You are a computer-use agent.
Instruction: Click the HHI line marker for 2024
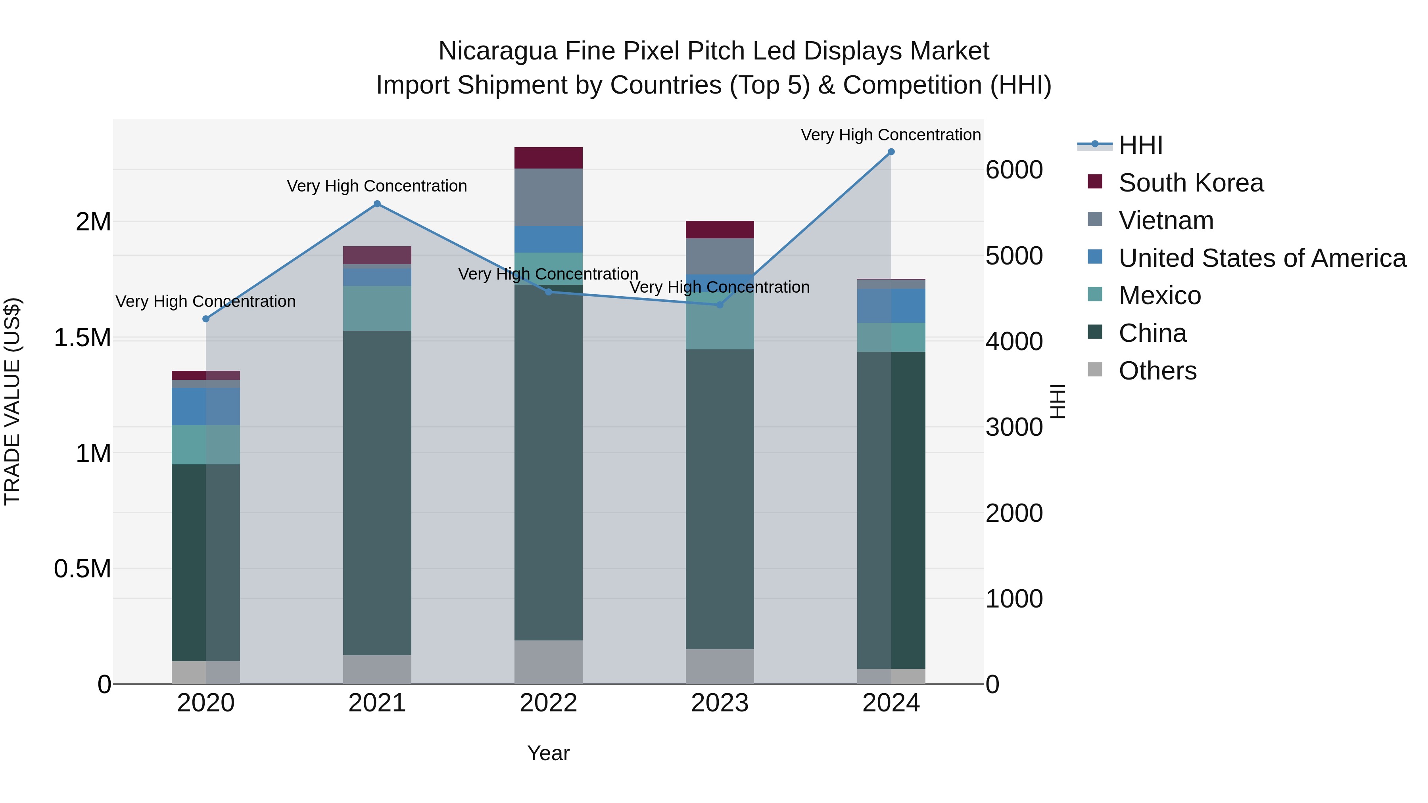click(891, 152)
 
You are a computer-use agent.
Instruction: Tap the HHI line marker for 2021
click(377, 204)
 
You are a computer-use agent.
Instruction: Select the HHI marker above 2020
click(205, 319)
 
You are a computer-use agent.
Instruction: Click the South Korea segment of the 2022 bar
click(548, 158)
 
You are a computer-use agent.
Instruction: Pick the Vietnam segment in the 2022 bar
click(548, 197)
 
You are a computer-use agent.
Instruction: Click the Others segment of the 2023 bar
click(720, 666)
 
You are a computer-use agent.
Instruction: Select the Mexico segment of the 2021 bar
click(377, 309)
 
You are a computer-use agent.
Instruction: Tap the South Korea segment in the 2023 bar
click(720, 230)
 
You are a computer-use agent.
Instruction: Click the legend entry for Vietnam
click(1166, 220)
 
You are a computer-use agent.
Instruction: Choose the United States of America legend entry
click(1262, 258)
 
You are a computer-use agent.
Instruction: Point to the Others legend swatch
click(1095, 369)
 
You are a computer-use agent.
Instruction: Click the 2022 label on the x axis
click(548, 703)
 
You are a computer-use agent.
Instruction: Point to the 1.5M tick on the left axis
click(83, 337)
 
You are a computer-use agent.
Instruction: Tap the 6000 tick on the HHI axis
click(1014, 170)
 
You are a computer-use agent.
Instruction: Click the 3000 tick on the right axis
click(1014, 427)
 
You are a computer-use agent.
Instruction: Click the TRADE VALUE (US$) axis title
click(12, 401)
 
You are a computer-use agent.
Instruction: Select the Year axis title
click(548, 753)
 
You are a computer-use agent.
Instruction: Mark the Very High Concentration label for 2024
click(891, 135)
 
